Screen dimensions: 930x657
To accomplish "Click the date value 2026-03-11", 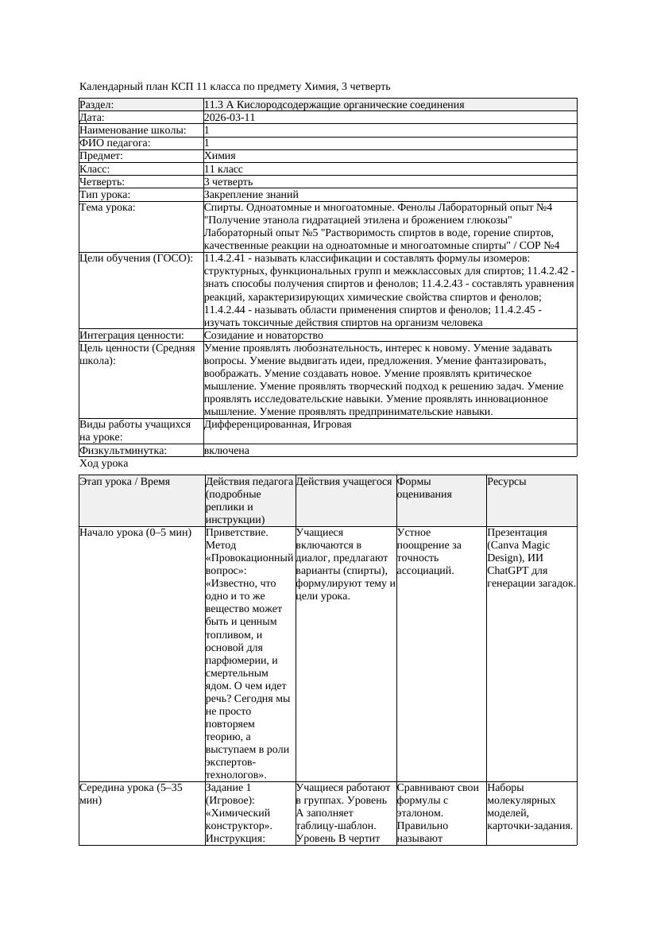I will (230, 118).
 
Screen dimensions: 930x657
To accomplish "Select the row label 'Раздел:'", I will (97, 105).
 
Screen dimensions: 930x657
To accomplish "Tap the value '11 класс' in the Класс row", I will (223, 169).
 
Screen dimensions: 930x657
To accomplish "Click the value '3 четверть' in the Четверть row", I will (228, 182).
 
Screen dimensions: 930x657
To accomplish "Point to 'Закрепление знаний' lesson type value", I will (251, 195).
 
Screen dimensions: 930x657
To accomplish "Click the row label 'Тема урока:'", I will (108, 207).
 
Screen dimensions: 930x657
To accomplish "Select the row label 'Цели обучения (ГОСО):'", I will (136, 259).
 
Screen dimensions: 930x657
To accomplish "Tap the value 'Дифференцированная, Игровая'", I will (277, 424).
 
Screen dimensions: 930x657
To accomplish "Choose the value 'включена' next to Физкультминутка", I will (226, 451).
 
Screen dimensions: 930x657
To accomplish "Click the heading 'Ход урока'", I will (104, 463).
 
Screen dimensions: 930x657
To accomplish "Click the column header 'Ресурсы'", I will (506, 482).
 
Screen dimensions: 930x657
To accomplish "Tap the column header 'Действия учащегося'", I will (344, 482).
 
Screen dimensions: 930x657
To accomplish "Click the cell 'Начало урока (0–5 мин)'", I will (136, 533).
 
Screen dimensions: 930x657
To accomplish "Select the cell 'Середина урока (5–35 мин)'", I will (131, 794).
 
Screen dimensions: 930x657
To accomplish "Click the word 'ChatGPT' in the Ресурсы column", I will (509, 571).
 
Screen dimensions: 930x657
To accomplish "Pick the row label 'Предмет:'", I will (102, 157).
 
